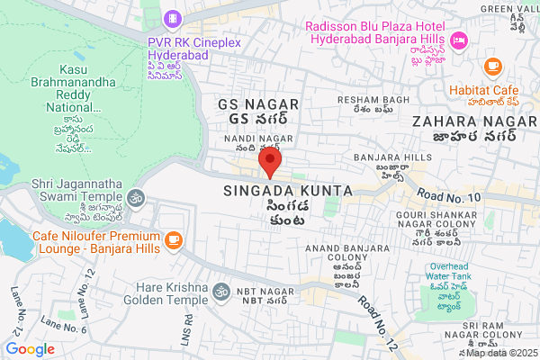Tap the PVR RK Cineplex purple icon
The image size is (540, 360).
172,18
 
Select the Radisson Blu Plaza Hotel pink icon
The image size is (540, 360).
459,40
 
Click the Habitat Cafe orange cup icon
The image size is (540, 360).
491,66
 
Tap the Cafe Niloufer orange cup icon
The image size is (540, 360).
173,239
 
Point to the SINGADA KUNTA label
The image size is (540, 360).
281,192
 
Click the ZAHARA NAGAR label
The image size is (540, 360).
464,121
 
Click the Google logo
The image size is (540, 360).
31,349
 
